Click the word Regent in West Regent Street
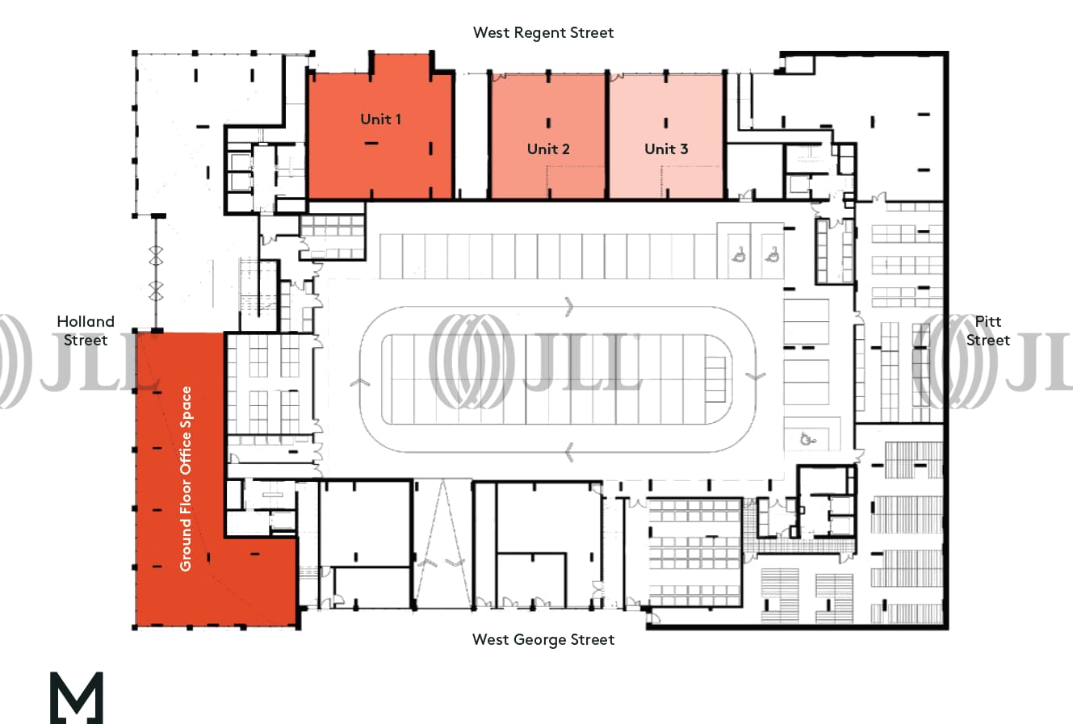(543, 33)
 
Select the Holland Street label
(86, 331)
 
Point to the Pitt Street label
(987, 331)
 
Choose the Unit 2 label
(548, 149)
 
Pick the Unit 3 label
(666, 149)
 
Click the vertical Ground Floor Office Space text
(187, 479)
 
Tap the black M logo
(77, 697)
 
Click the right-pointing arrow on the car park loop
(571, 307)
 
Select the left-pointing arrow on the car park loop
(570, 452)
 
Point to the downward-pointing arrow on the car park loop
(755, 376)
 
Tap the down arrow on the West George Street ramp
(457, 561)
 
